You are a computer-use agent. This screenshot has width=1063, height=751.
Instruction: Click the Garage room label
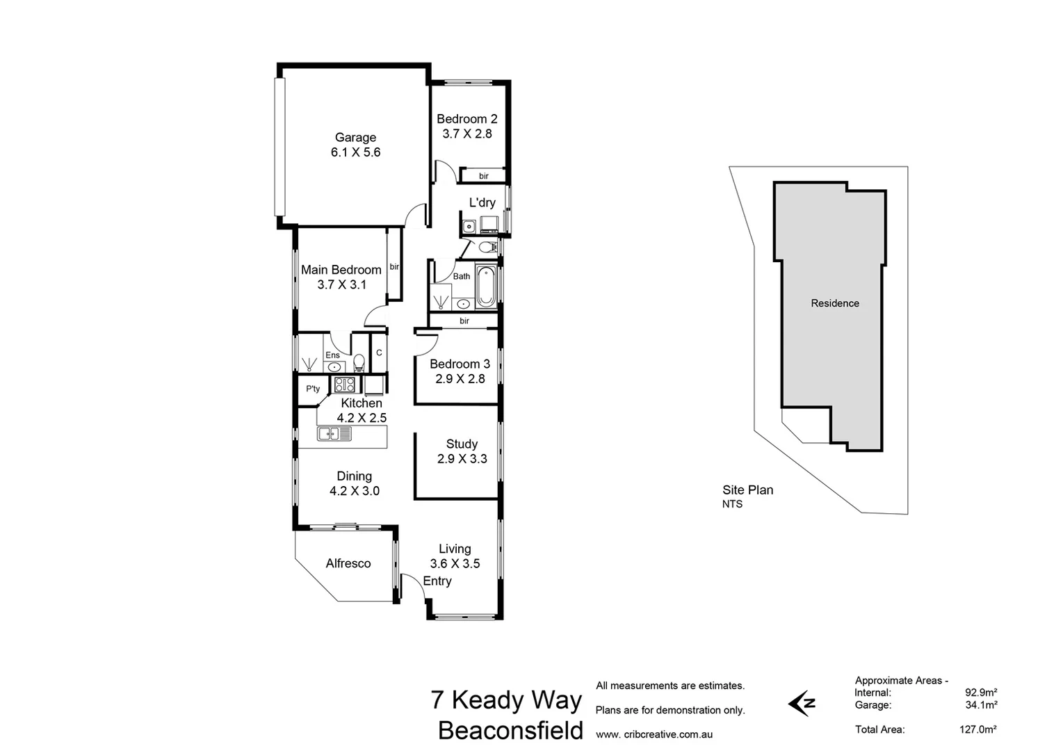[x=355, y=138]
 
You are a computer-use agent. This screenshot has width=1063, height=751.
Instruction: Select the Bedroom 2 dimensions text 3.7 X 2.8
[x=467, y=134]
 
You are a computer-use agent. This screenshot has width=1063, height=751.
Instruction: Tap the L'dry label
[x=482, y=202]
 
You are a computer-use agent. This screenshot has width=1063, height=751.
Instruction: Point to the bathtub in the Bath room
[x=485, y=286]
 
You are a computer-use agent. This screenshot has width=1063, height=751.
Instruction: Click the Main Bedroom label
[x=341, y=270]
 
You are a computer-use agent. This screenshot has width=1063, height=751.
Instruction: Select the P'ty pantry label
[x=313, y=389]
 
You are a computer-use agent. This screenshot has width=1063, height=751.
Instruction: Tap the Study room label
[x=462, y=444]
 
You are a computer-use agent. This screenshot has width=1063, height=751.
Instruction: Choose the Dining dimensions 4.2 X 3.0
[x=354, y=491]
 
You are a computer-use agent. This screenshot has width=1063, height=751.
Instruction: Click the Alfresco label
[x=348, y=563]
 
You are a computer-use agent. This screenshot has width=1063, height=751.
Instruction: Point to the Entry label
[x=437, y=581]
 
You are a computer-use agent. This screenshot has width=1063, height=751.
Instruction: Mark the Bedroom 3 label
[x=460, y=364]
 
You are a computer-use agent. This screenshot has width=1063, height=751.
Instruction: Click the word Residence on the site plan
[x=835, y=303]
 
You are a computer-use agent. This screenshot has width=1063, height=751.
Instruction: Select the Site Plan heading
[x=747, y=490]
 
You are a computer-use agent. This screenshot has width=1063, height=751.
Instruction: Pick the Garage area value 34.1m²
[x=981, y=705]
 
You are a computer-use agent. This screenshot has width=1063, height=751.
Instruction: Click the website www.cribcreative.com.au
[x=654, y=734]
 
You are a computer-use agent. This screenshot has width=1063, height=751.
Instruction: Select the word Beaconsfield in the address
[x=510, y=731]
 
